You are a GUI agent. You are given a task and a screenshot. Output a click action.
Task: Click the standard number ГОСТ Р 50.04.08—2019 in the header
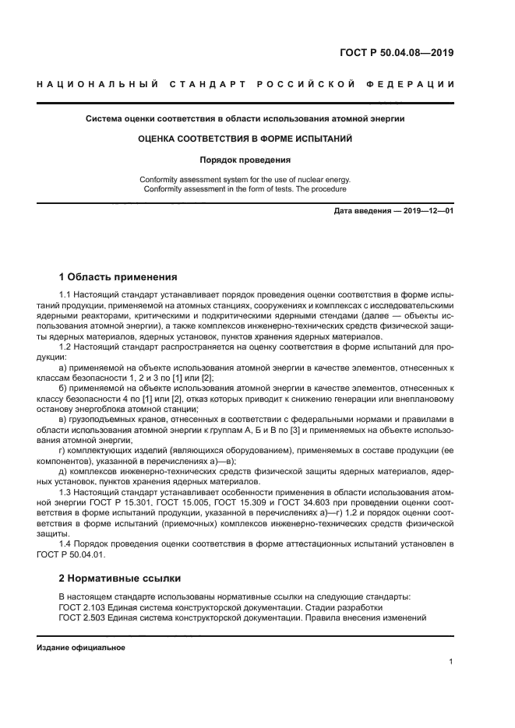coord(397,54)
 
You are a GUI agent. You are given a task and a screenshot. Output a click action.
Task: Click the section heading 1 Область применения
coord(118,276)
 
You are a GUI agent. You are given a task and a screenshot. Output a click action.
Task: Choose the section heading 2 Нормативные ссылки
coord(120,578)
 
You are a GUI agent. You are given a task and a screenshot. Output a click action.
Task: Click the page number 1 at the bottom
coord(451,662)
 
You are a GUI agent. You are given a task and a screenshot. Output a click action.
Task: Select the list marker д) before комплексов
coord(64,471)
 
